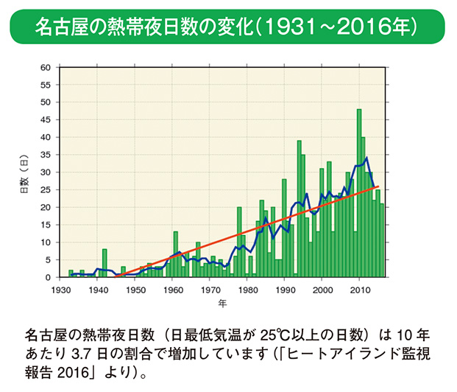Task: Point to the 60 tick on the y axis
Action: (x=45, y=67)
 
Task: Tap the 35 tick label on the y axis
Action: (x=45, y=155)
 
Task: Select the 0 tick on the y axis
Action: (x=47, y=277)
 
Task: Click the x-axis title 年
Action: (x=222, y=302)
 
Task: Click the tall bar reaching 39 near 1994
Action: (x=300, y=210)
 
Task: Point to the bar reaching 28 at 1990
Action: (x=284, y=228)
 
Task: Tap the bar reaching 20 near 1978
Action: (x=239, y=243)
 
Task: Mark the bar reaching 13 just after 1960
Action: (x=176, y=255)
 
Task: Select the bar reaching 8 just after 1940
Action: (x=104, y=264)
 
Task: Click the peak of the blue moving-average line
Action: (x=366, y=158)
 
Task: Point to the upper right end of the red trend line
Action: (x=379, y=186)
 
